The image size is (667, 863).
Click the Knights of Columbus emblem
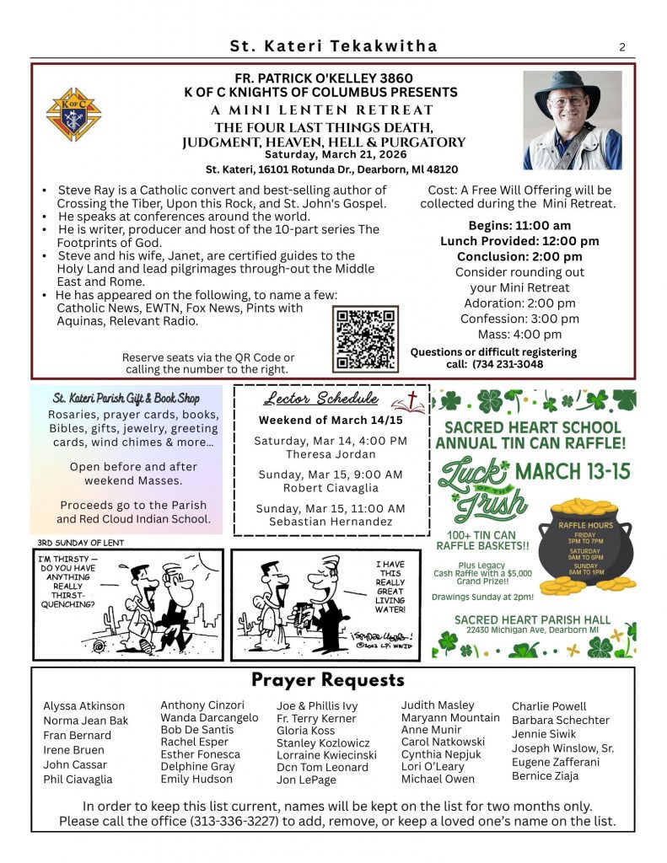(73, 114)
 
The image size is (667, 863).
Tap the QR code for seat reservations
(366, 339)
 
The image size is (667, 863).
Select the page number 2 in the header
(622, 47)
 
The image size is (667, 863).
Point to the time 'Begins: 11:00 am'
(519, 225)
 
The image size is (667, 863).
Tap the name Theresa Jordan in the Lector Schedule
(330, 453)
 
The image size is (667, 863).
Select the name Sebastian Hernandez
(330, 522)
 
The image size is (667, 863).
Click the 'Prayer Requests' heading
(327, 680)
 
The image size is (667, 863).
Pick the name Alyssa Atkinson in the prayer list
(83, 706)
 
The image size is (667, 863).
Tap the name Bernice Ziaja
(545, 775)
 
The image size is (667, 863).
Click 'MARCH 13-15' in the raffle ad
(573, 471)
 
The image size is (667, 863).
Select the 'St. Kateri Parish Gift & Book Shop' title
(126, 398)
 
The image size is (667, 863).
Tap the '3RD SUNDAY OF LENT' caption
(80, 543)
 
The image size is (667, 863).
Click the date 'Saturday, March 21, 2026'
(335, 154)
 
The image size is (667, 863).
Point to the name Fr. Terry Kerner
(316, 719)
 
